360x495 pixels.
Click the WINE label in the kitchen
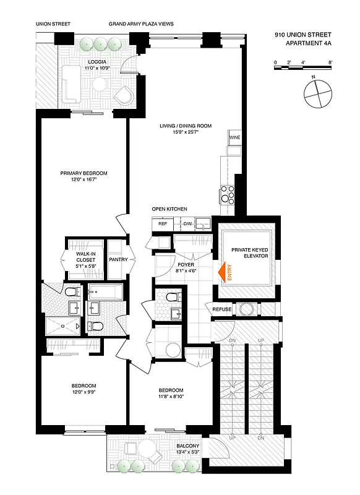tap(234, 137)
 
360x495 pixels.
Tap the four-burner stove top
tap(227, 194)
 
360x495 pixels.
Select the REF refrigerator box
tap(163, 223)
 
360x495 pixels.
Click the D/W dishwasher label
tap(187, 223)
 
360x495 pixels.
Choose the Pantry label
tap(118, 259)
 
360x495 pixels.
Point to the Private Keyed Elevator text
tap(249, 252)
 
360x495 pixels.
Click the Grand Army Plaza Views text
tap(141, 24)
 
